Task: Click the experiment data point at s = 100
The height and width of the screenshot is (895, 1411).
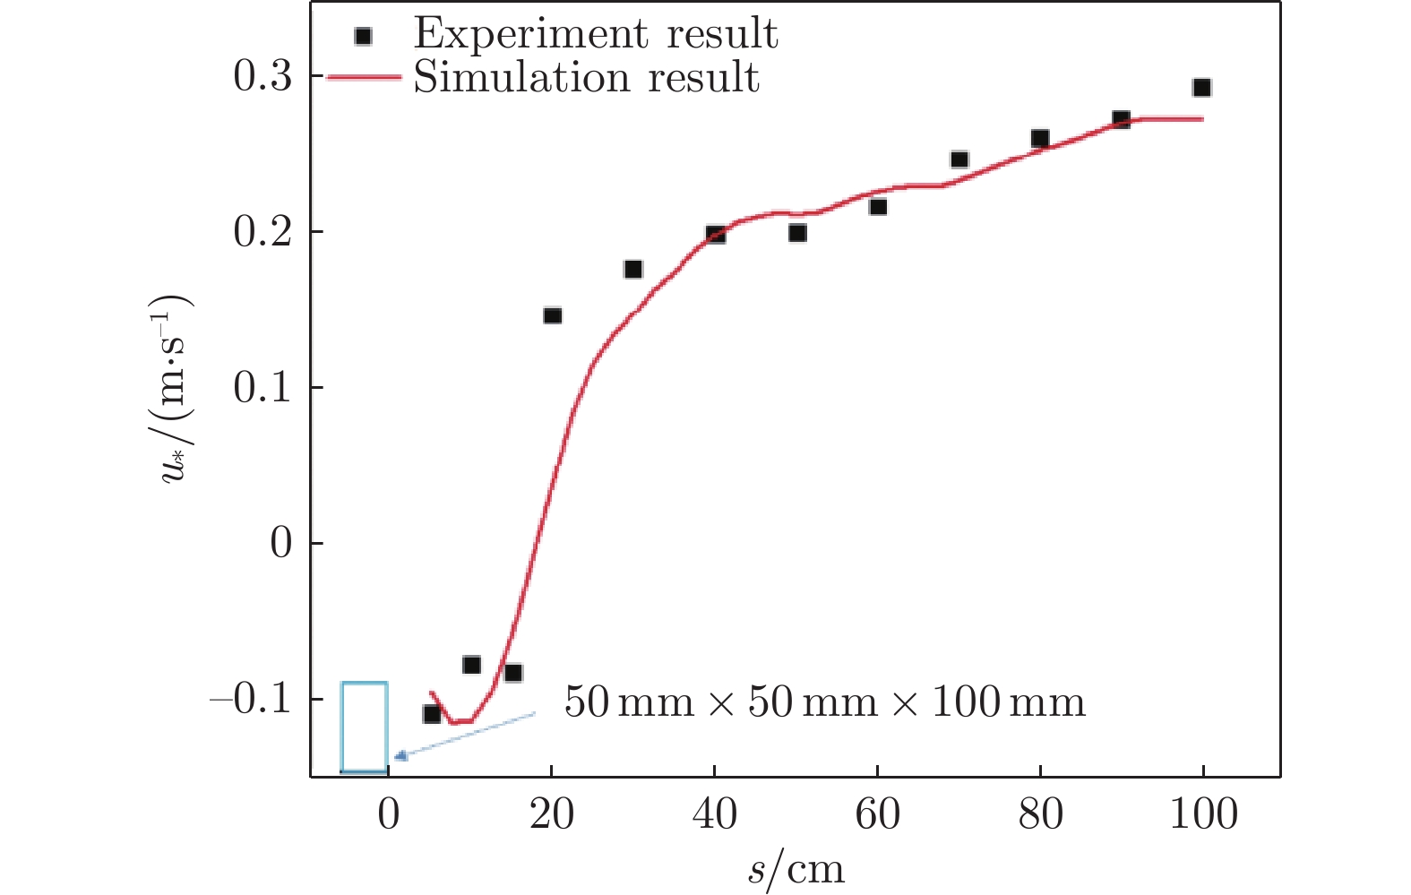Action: pos(1201,88)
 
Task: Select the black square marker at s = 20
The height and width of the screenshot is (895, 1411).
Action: pos(552,315)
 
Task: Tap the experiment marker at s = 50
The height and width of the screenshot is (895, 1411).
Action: pos(797,233)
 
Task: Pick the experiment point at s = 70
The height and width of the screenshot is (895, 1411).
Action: pos(959,160)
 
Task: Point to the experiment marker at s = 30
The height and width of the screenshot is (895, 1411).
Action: pos(632,270)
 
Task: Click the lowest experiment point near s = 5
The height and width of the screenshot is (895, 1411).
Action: pos(432,714)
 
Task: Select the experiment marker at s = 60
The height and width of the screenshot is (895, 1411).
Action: pos(878,207)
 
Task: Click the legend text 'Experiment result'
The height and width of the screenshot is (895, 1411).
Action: pos(595,34)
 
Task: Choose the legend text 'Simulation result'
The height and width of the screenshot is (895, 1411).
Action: pos(586,78)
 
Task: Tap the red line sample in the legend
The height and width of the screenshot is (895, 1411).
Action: pos(364,78)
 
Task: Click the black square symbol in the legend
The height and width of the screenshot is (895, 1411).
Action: pos(363,36)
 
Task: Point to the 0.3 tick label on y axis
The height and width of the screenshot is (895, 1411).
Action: pos(262,77)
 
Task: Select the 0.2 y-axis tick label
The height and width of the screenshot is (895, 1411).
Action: pos(262,233)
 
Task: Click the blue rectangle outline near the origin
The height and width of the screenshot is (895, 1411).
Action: pos(364,727)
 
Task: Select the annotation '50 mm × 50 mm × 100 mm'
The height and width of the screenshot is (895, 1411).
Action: pos(824,702)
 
